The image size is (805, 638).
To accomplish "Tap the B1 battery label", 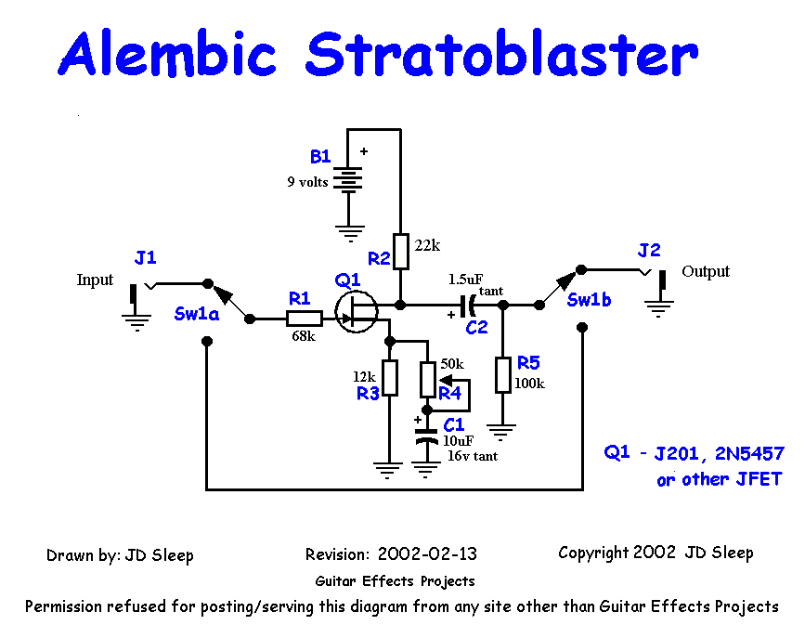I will pyautogui.click(x=321, y=158).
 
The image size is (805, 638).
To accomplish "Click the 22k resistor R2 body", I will pyautogui.click(x=401, y=251).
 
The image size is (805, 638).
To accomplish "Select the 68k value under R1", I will pyautogui.click(x=303, y=336).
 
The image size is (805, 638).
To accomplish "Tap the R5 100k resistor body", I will pyautogui.click(x=502, y=373).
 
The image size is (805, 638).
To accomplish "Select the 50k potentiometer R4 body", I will pyautogui.click(x=427, y=378).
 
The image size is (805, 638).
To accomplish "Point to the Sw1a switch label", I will pyautogui.click(x=196, y=314).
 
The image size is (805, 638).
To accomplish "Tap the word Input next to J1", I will pyautogui.click(x=95, y=280).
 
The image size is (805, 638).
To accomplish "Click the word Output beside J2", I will pyautogui.click(x=706, y=271).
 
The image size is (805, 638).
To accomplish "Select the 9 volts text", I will pyautogui.click(x=307, y=182).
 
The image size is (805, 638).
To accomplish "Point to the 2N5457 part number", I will pyautogui.click(x=747, y=454).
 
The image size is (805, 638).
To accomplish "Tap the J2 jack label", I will pyautogui.click(x=649, y=250).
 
